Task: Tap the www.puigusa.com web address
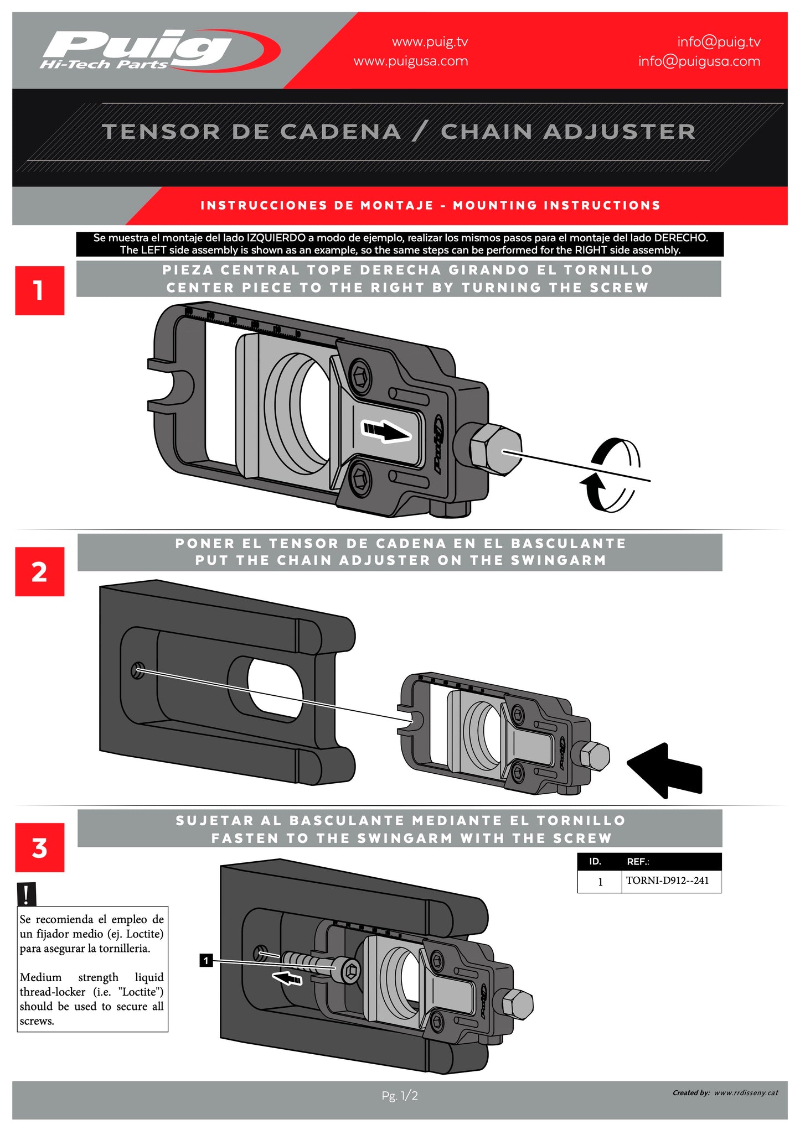pyautogui.click(x=410, y=61)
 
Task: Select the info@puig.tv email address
pyautogui.click(x=718, y=42)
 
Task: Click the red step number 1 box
pyautogui.click(x=39, y=290)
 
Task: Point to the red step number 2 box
pyautogui.click(x=39, y=571)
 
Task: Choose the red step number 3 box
pyautogui.click(x=39, y=847)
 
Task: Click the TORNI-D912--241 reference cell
pyautogui.click(x=667, y=881)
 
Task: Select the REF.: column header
pyautogui.click(x=638, y=862)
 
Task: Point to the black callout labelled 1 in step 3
pyautogui.click(x=206, y=961)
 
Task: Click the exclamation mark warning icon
pyautogui.click(x=26, y=893)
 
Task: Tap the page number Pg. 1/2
pyautogui.click(x=399, y=1095)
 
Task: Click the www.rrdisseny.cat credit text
pyautogui.click(x=746, y=1093)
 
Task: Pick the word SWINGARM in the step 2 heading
pyautogui.click(x=558, y=560)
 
